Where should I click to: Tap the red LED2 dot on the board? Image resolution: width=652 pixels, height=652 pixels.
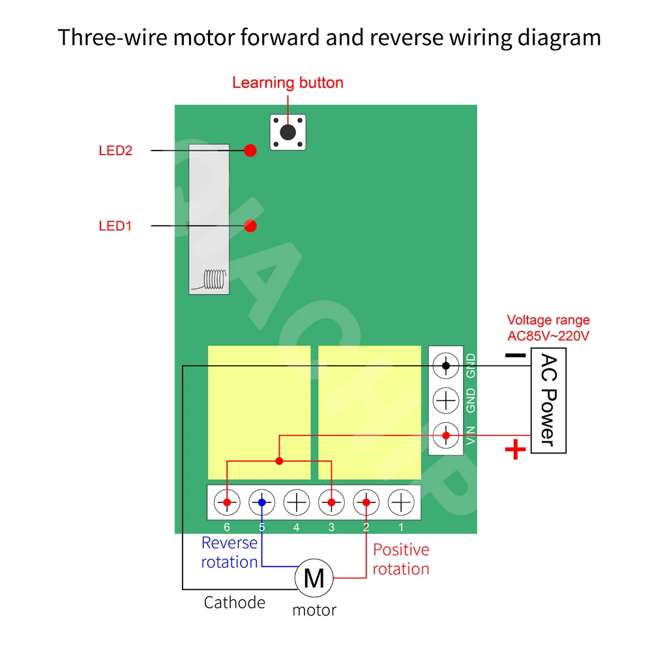click(250, 151)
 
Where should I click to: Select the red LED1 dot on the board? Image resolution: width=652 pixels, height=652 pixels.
click(250, 226)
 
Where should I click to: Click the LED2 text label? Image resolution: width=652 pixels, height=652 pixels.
click(115, 151)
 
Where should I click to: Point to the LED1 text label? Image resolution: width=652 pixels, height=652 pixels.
click(115, 226)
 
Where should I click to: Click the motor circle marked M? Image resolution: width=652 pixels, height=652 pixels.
click(314, 577)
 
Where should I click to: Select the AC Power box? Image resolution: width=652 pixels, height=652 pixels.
click(548, 400)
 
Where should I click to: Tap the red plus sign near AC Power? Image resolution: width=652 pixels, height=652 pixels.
click(516, 449)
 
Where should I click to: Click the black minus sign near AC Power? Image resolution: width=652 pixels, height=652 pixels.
click(515, 355)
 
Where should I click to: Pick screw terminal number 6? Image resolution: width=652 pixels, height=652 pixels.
click(227, 503)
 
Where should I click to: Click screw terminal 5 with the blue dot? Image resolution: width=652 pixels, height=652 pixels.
click(262, 503)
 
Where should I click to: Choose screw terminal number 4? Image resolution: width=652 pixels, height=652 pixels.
click(297, 503)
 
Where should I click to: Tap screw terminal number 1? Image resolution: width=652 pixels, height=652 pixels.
click(402, 503)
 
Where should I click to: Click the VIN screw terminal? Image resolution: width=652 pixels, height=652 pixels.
click(446, 434)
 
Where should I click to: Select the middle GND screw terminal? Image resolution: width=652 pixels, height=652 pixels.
click(446, 400)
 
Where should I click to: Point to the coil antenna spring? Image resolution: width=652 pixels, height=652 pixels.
click(215, 280)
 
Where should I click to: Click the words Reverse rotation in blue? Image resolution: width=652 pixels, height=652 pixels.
click(230, 552)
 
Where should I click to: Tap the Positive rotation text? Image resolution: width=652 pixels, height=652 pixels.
click(401, 559)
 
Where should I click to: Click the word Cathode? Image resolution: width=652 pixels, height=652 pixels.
click(235, 602)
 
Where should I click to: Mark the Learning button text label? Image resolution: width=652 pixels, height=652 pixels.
click(288, 83)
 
